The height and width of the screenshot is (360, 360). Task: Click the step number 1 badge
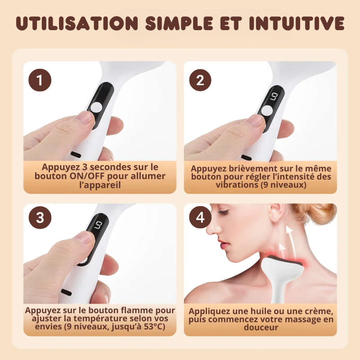[40, 81]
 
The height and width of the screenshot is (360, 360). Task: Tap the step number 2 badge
[200, 81]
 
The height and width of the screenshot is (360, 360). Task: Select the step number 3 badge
[40, 218]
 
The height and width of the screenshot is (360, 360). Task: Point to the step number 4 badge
[200, 218]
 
